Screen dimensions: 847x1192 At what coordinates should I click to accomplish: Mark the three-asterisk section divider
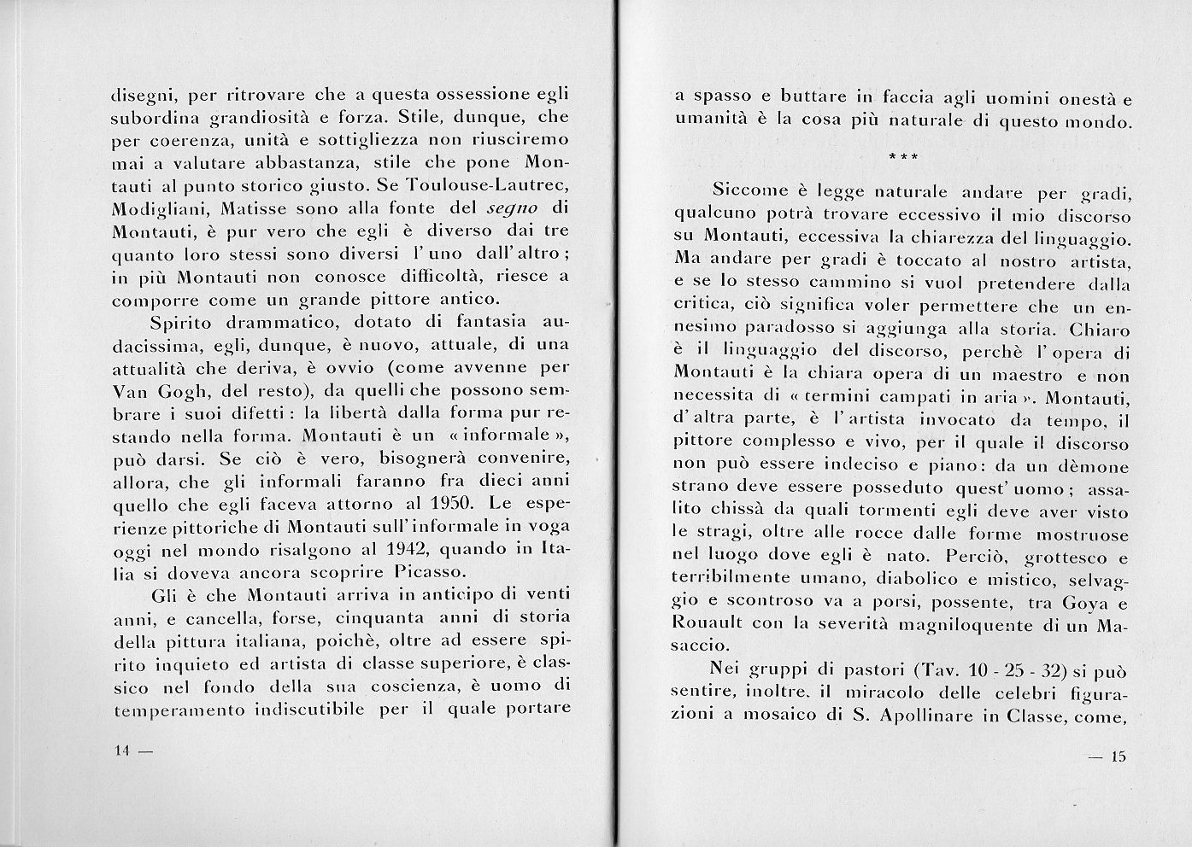point(904,157)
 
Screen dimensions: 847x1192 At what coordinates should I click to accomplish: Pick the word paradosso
point(799,328)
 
